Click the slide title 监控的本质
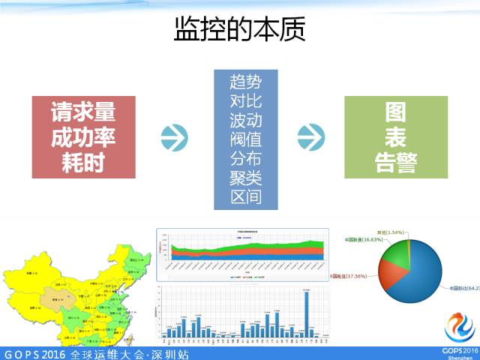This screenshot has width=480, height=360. pos(240,31)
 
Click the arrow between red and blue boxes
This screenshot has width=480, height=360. pos(174,136)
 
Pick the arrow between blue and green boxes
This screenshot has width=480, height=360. pos(310,136)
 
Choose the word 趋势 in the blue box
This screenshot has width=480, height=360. pos(246,80)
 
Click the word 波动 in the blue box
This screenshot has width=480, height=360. pos(246,119)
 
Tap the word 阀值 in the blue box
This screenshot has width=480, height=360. pos(246,139)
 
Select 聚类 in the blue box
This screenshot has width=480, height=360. pos(246,178)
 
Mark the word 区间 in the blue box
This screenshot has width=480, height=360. pos(246,197)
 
